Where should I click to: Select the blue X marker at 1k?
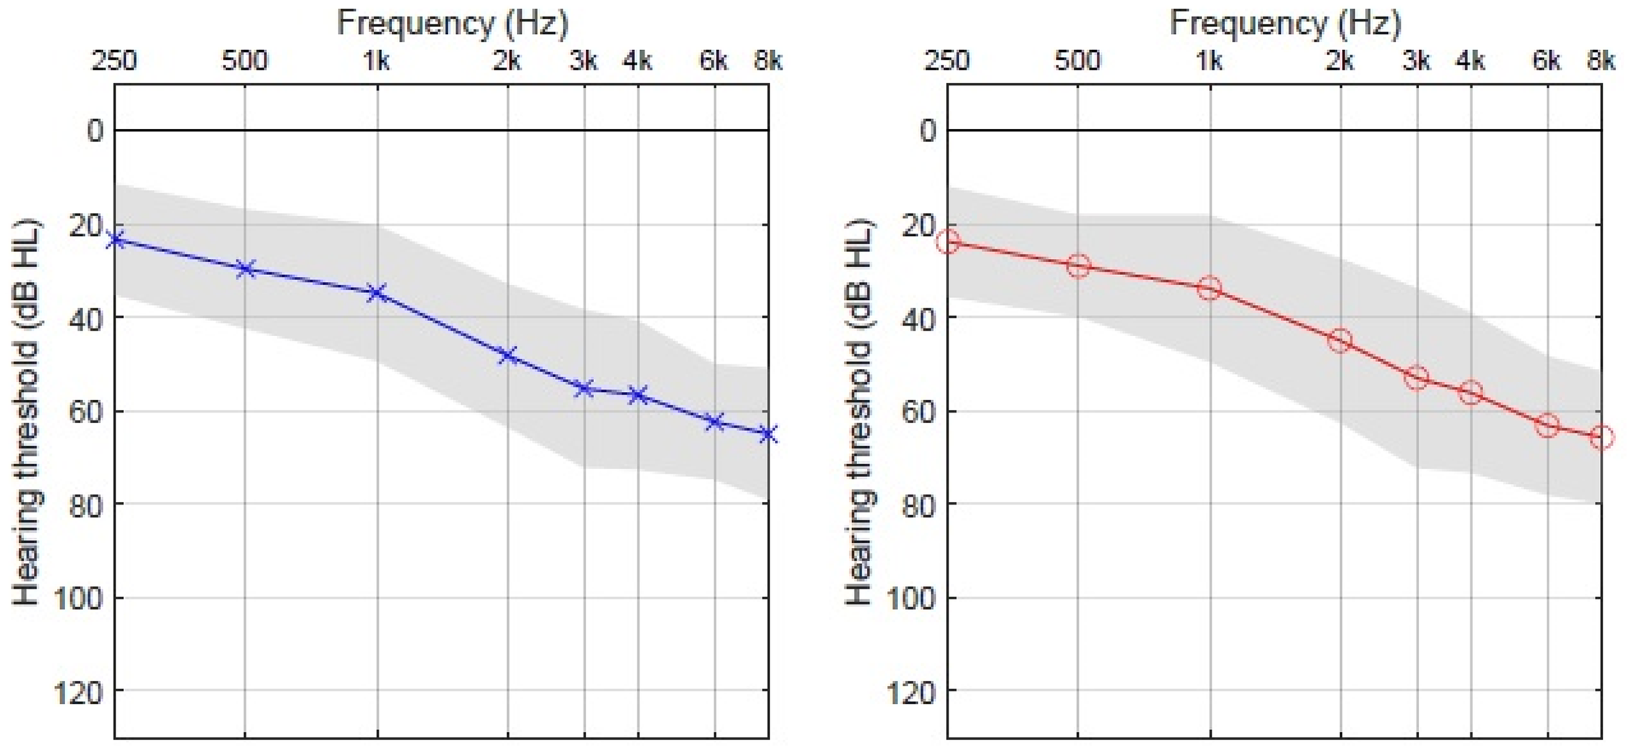(378, 292)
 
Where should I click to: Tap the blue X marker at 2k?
(508, 355)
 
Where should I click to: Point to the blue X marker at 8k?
(768, 434)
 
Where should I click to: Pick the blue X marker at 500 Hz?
(245, 268)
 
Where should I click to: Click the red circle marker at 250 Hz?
(948, 241)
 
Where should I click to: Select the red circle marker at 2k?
(1340, 341)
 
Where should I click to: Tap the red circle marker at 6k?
(1547, 425)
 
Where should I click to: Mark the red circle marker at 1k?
(1210, 289)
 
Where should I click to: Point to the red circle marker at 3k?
(1417, 379)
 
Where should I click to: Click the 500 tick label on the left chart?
(245, 62)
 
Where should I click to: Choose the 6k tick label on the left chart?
(714, 62)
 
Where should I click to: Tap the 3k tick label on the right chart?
(1417, 62)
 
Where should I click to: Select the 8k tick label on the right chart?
(1601, 62)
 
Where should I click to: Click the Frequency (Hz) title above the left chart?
(452, 24)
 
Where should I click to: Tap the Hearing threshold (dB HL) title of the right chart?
(860, 412)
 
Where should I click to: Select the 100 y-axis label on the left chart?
(77, 599)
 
